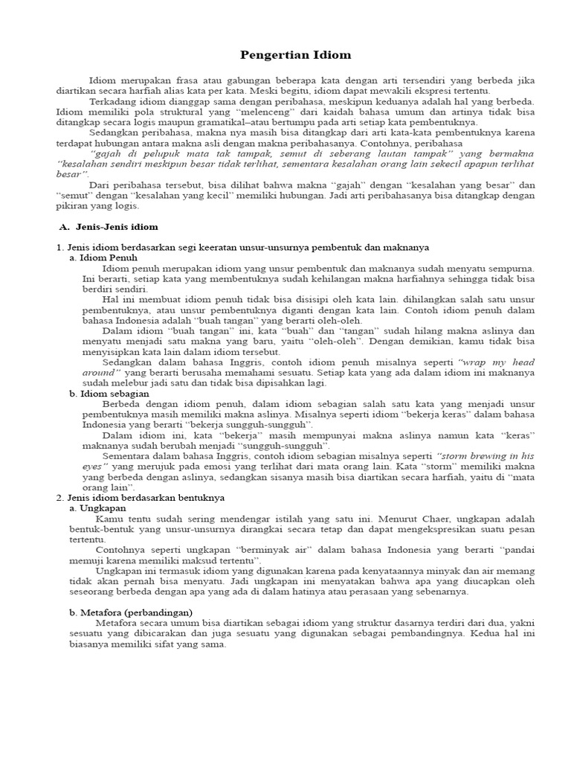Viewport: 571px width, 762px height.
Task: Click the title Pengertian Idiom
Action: (x=285, y=55)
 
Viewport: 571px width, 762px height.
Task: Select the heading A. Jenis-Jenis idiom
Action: (x=109, y=227)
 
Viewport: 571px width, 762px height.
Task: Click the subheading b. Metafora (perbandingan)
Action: (x=131, y=612)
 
